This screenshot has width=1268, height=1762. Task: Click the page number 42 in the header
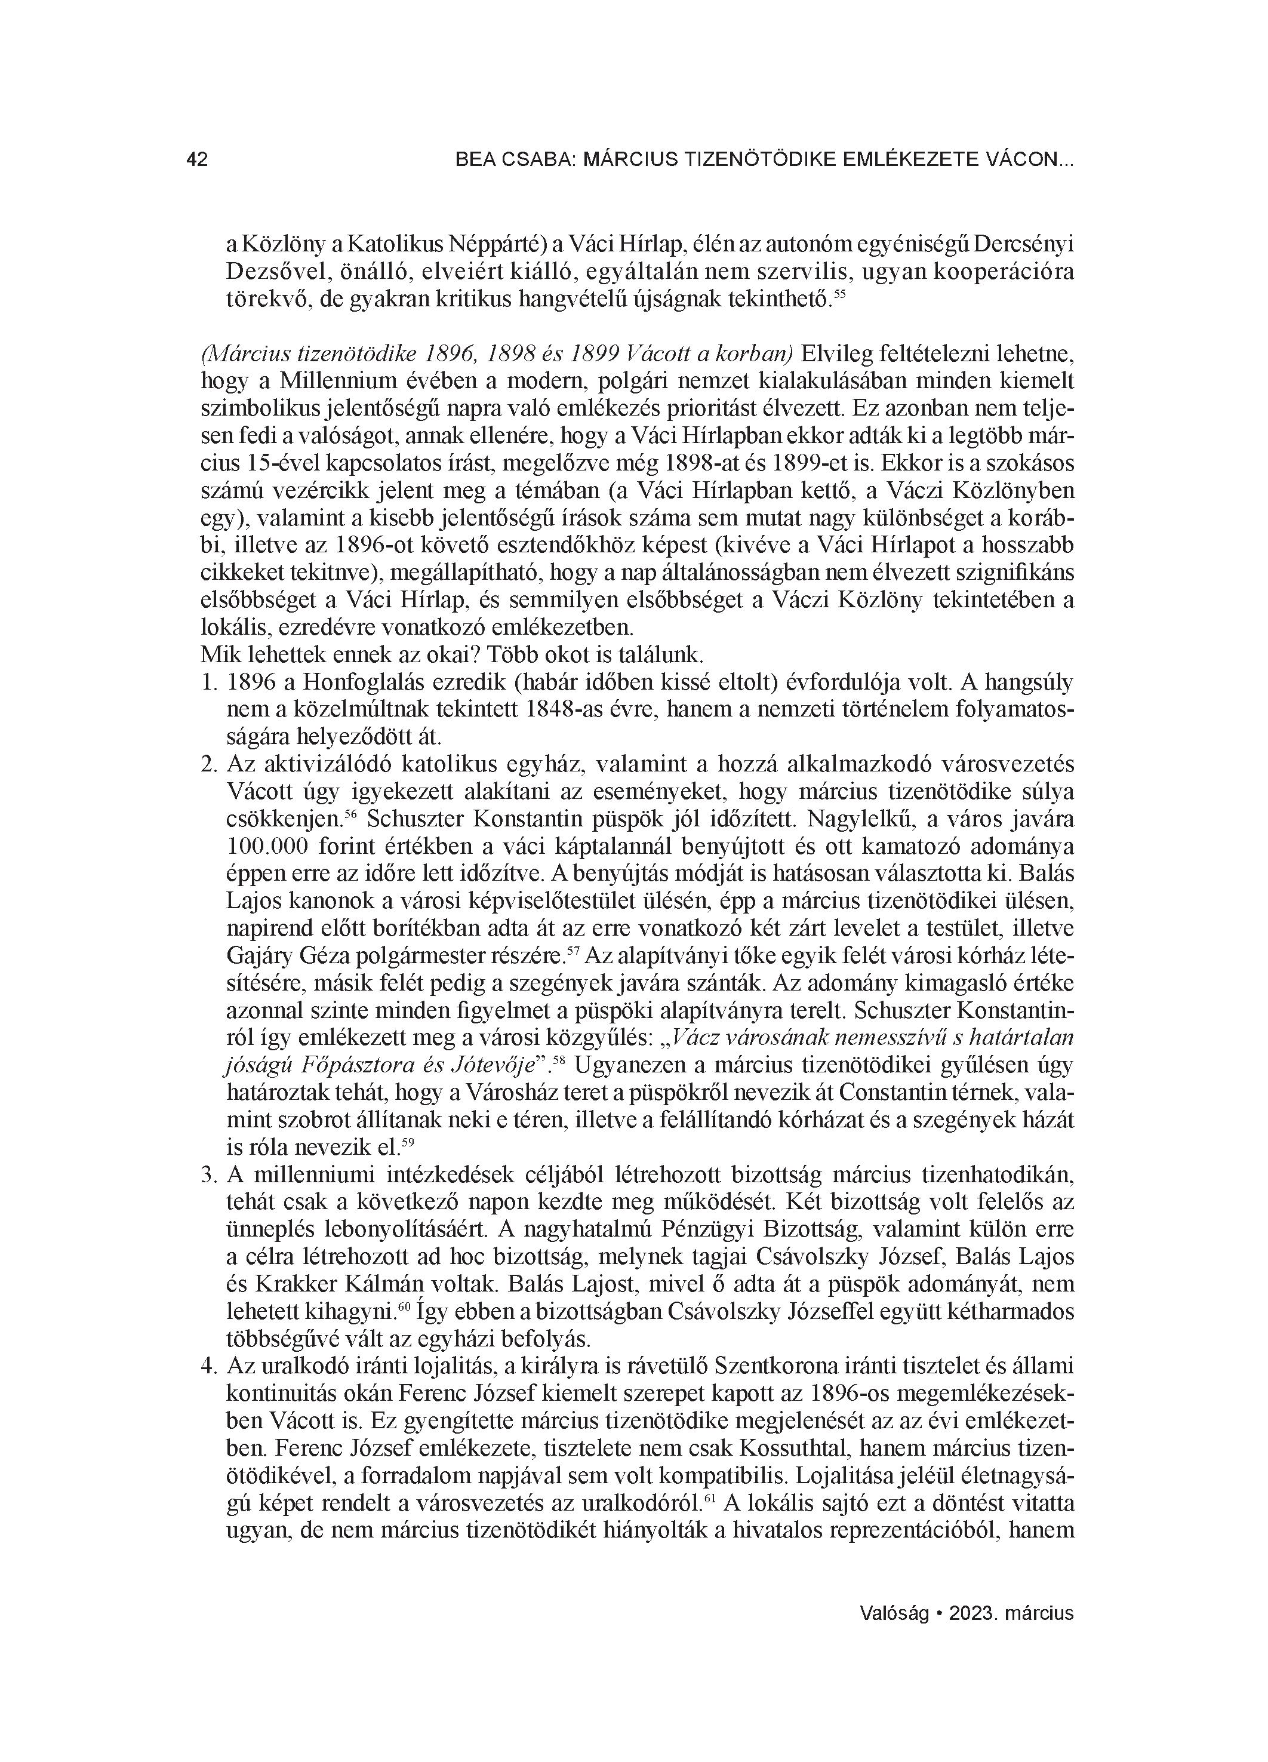198,160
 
